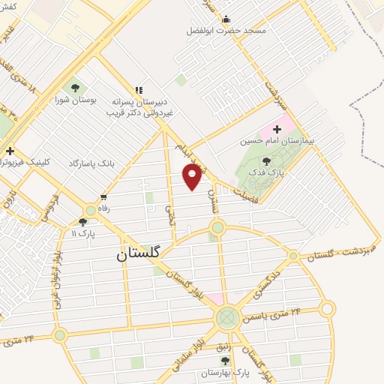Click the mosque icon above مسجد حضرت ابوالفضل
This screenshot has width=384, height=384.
point(226,19)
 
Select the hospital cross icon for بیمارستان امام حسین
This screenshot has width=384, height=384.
point(277,129)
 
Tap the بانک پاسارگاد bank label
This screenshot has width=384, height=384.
point(96,163)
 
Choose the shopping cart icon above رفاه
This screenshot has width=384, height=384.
point(103,198)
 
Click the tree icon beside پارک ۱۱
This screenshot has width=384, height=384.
point(82,222)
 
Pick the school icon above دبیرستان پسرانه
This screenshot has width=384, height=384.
point(138,89)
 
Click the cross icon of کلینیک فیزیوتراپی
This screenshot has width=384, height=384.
point(9,151)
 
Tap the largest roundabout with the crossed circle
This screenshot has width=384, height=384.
point(226,318)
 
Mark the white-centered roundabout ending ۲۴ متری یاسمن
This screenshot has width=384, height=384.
point(327,308)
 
